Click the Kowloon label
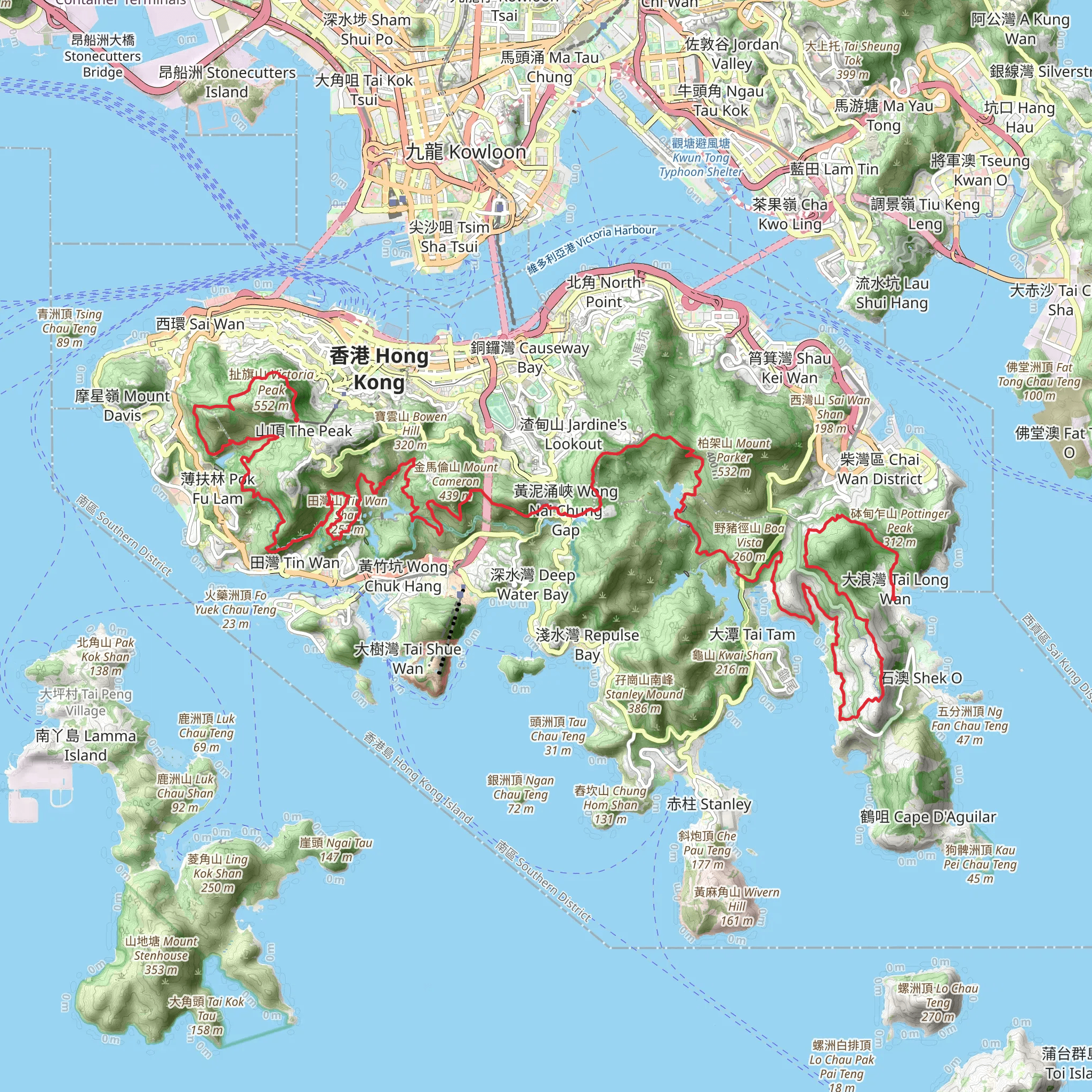(x=467, y=151)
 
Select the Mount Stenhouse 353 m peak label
(x=161, y=955)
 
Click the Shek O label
(x=921, y=678)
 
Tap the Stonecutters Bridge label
(x=102, y=56)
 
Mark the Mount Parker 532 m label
(x=734, y=457)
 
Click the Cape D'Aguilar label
(x=928, y=817)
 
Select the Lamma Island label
(x=86, y=745)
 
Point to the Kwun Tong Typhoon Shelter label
(x=701, y=158)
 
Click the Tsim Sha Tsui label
(x=449, y=236)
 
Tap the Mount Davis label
(x=122, y=405)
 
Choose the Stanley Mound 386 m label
(x=644, y=694)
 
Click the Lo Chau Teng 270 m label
(x=938, y=1002)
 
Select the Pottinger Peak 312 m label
(x=900, y=527)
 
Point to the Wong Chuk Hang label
(x=403, y=576)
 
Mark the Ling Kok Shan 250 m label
(x=218, y=873)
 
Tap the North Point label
(x=604, y=292)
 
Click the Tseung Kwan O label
(x=981, y=170)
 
